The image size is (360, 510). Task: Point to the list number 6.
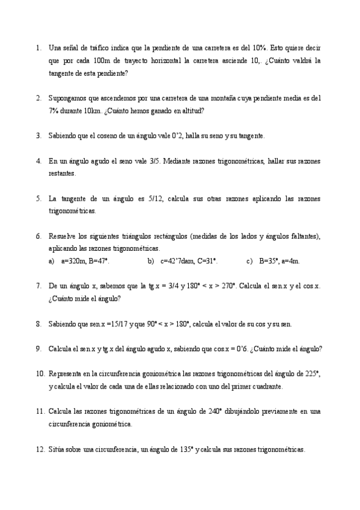click(38, 236)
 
